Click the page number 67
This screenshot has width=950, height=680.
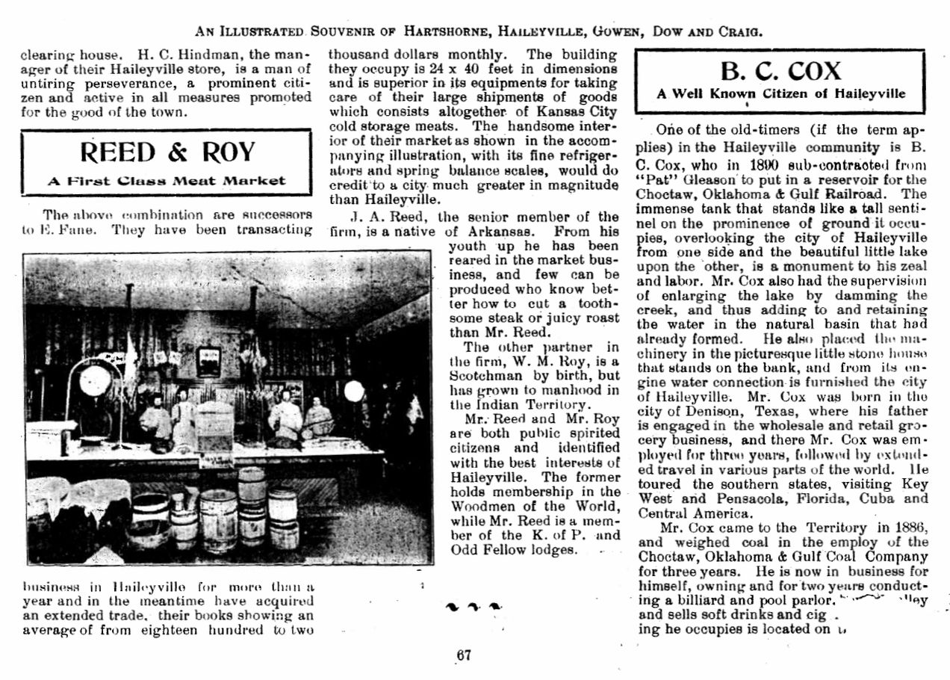(x=464, y=655)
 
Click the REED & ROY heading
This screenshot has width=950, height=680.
(x=167, y=152)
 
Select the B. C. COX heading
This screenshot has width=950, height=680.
(x=780, y=71)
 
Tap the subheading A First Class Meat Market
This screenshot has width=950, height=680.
(x=167, y=180)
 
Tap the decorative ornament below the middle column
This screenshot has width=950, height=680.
(x=472, y=607)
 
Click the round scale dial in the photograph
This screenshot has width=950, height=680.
(x=95, y=380)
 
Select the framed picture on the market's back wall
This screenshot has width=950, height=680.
(x=208, y=361)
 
